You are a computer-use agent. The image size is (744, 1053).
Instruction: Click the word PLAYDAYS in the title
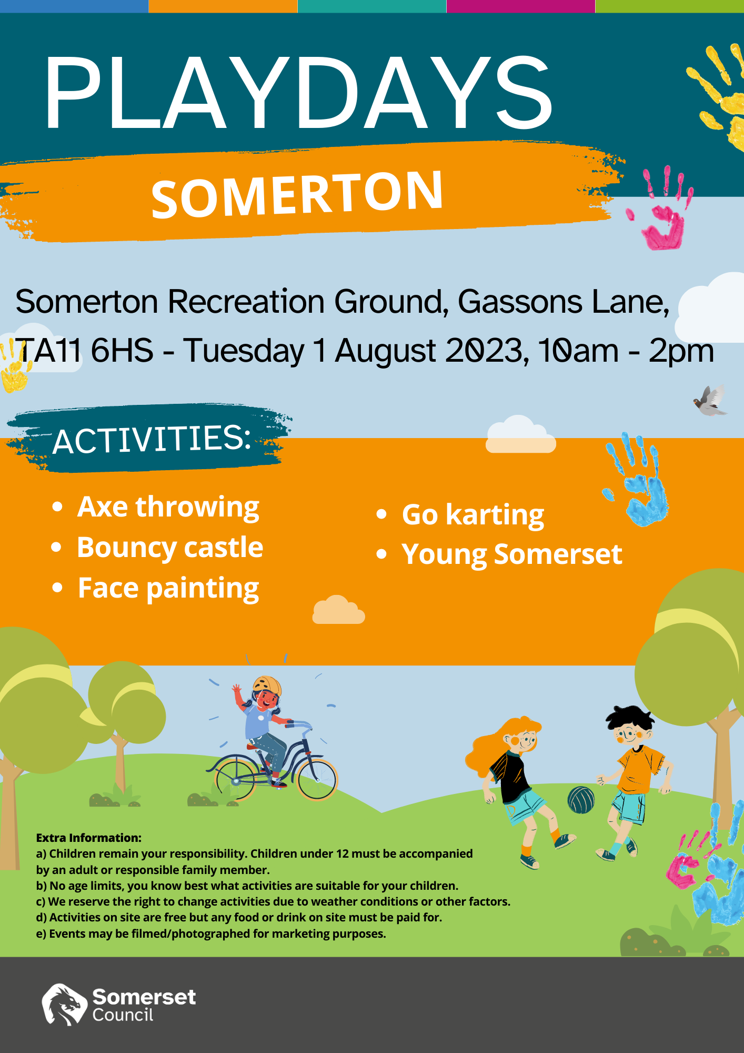pyautogui.click(x=298, y=93)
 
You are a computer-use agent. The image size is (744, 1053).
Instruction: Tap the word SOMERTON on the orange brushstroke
pyautogui.click(x=297, y=194)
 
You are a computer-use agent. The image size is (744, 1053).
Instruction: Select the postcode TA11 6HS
pyautogui.click(x=84, y=351)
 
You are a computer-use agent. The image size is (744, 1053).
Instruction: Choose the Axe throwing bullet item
pyautogui.click(x=168, y=507)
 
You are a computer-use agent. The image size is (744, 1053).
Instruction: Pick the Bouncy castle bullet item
pyautogui.click(x=170, y=548)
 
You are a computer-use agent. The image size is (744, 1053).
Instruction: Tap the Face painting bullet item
pyautogui.click(x=168, y=588)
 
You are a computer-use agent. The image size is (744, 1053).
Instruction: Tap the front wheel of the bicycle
pyautogui.click(x=316, y=779)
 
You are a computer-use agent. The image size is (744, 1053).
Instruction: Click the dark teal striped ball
pyautogui.click(x=581, y=800)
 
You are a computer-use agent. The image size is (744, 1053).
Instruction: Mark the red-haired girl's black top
pyautogui.click(x=510, y=776)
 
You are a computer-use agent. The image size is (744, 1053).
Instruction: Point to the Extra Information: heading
pyautogui.click(x=89, y=838)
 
